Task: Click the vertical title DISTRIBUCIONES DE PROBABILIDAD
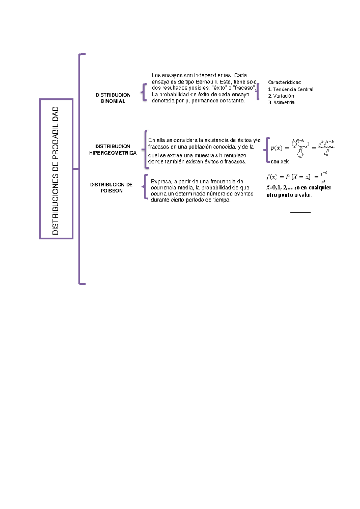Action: (56, 170)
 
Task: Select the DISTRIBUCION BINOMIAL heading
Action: (113, 98)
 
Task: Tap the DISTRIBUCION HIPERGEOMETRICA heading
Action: (113, 149)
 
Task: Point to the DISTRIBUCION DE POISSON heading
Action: (111, 188)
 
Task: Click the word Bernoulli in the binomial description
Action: (207, 82)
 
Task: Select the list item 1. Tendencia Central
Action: (290, 89)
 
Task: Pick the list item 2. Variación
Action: (281, 96)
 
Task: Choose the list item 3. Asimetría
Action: (281, 102)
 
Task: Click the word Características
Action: (285, 82)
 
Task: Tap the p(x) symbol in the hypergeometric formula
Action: (276, 148)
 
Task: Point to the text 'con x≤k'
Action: (280, 161)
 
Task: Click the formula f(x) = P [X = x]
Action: (288, 177)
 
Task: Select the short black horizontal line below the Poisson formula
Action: (300, 212)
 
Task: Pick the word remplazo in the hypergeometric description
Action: (235, 155)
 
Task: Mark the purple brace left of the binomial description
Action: (144, 92)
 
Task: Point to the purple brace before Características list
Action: (258, 92)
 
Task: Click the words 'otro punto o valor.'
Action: (289, 195)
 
